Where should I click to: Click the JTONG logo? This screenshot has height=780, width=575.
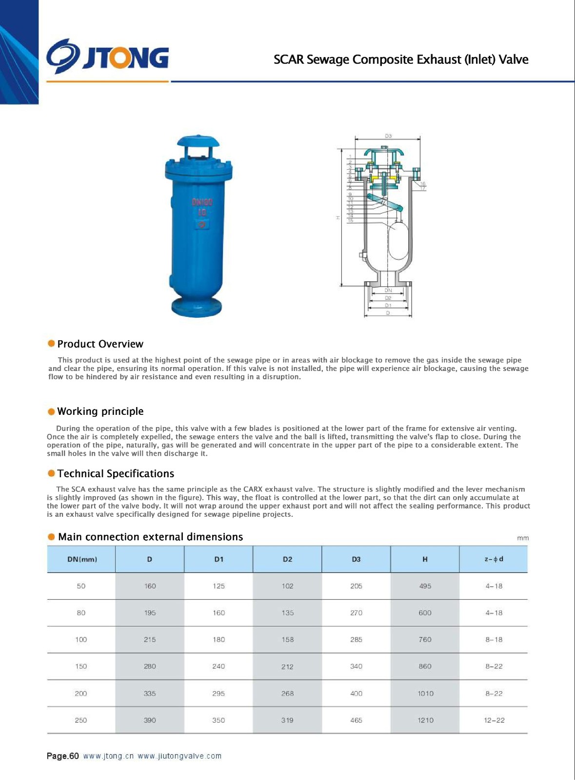click(x=108, y=57)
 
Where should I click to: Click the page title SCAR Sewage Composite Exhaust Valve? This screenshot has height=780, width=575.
click(x=401, y=59)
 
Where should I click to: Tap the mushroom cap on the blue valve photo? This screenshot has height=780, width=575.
click(x=198, y=142)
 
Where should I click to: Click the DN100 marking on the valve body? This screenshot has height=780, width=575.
click(x=202, y=202)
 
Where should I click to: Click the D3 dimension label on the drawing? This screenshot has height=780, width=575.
click(x=388, y=136)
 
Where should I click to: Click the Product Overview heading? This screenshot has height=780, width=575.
click(x=100, y=344)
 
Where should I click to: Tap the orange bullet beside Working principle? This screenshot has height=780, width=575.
click(x=51, y=411)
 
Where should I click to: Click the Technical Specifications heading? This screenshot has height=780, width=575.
click(x=116, y=474)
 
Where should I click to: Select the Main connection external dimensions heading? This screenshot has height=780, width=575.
click(x=150, y=537)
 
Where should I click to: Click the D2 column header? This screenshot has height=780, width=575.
click(x=287, y=559)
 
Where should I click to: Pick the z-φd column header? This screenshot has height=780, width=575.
click(x=494, y=559)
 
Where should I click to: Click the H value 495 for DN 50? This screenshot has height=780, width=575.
click(x=425, y=586)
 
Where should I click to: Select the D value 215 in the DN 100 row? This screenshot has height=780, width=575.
click(x=150, y=640)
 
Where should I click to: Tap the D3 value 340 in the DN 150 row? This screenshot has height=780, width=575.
click(x=356, y=666)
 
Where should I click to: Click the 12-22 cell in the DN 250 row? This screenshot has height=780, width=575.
click(x=494, y=720)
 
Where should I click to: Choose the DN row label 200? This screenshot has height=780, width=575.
click(x=81, y=693)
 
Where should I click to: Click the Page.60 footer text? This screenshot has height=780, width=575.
click(x=62, y=756)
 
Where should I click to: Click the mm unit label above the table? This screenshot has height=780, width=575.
click(x=522, y=538)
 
